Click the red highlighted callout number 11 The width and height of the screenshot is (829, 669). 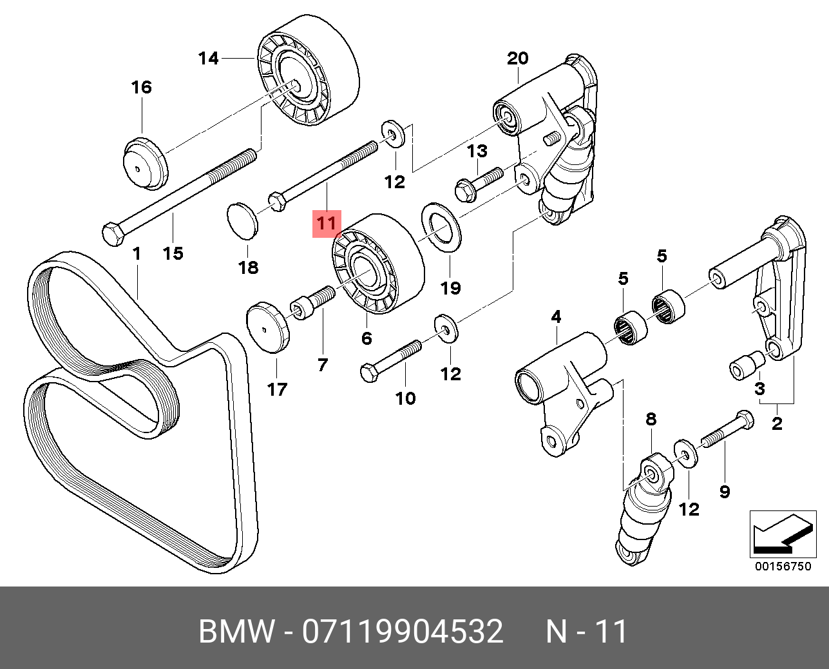tap(327, 224)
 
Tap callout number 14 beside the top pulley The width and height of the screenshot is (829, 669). tap(209, 59)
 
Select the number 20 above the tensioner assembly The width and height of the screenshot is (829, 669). tap(517, 59)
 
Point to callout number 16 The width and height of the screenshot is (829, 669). tap(142, 87)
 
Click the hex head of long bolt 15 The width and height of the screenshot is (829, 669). tap(113, 234)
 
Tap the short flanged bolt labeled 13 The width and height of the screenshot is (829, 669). tap(479, 184)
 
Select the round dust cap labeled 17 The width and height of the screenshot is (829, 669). tap(267, 327)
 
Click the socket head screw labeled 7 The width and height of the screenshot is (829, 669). tap(312, 303)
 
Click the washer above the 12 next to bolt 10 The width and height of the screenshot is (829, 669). tap(446, 329)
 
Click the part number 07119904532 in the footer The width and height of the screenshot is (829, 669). tap(403, 631)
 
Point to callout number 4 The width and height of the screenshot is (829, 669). tap(556, 316)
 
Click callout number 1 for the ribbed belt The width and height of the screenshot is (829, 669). tap(137, 254)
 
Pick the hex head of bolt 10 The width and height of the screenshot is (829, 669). tap(370, 373)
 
